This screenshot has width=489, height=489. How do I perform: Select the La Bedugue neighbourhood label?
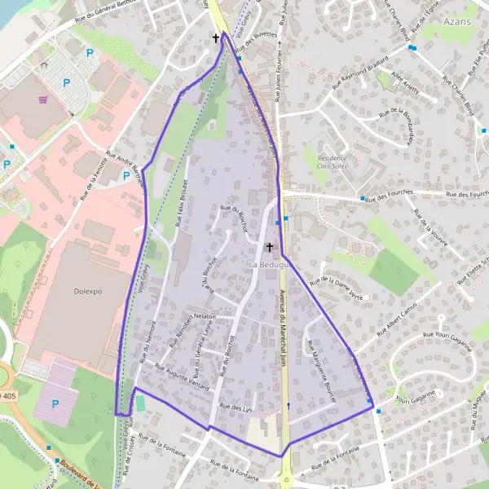[x=269, y=265]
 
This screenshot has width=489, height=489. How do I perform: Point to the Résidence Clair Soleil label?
[x=332, y=164]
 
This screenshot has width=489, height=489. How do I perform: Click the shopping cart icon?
[x=42, y=99]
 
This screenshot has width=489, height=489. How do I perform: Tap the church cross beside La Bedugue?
[x=270, y=246]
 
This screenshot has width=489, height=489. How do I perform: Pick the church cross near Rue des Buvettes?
[x=217, y=37]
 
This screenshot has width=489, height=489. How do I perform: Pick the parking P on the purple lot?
[x=55, y=404]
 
